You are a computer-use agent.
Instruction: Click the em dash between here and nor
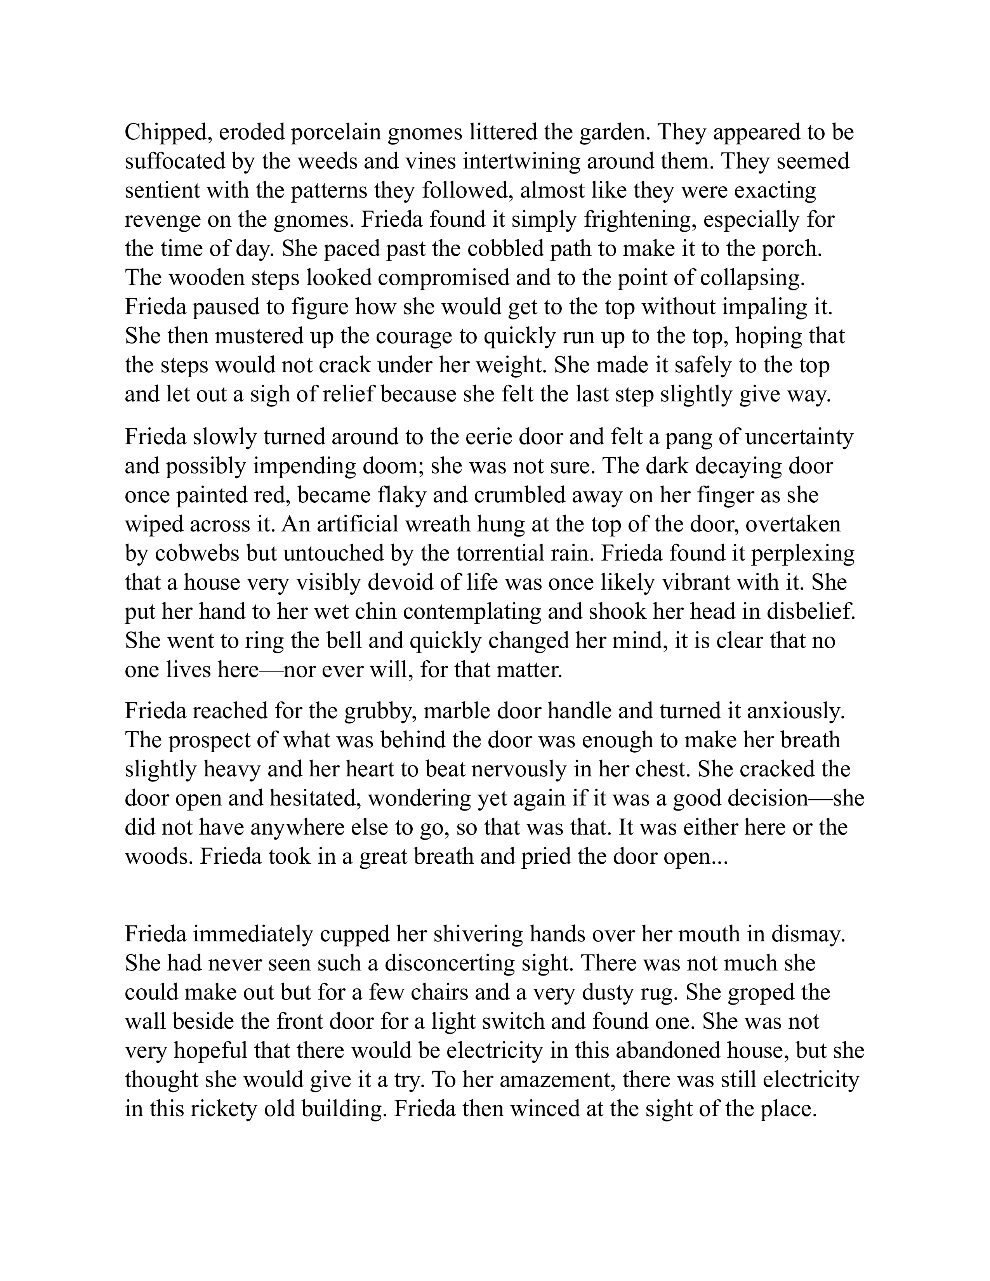[x=271, y=670]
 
